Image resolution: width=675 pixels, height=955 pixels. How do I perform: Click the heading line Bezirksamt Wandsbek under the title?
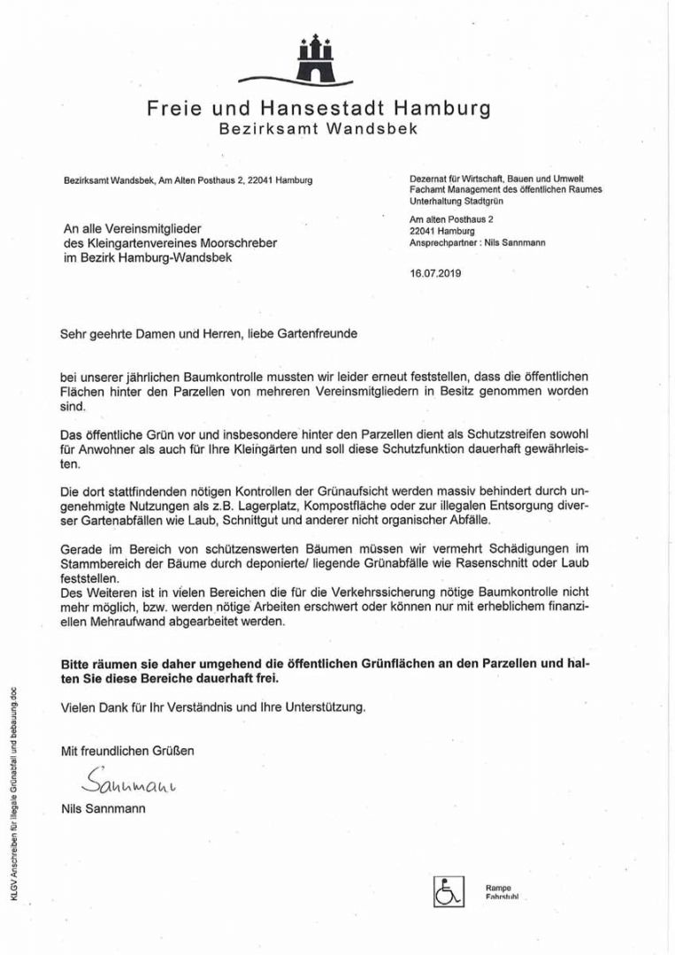318,129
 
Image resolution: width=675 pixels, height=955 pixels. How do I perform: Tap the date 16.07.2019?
435,273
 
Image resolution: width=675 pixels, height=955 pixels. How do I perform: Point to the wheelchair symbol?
449,890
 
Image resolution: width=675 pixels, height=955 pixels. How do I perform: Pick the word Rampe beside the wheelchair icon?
498,888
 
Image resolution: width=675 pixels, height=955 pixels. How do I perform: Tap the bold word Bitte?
78,663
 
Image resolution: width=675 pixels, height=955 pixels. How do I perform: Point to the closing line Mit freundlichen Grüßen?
127,751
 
